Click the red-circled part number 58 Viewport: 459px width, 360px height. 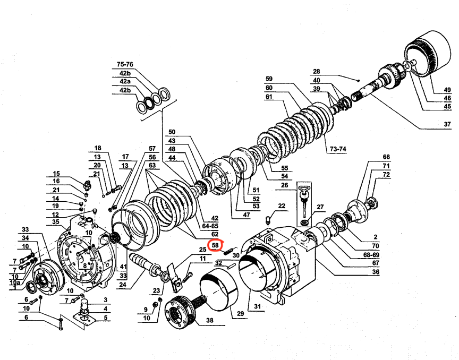click(215, 245)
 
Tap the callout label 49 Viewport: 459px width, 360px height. click(447, 89)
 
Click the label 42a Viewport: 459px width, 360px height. click(125, 81)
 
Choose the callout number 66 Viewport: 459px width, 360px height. click(386, 157)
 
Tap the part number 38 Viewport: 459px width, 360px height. click(209, 321)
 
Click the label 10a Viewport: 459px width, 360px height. click(15, 283)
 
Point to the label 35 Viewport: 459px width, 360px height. click(55, 221)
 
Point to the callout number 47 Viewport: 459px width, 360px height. click(246, 215)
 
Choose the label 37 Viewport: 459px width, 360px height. click(447, 126)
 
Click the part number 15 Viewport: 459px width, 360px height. click(56, 174)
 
